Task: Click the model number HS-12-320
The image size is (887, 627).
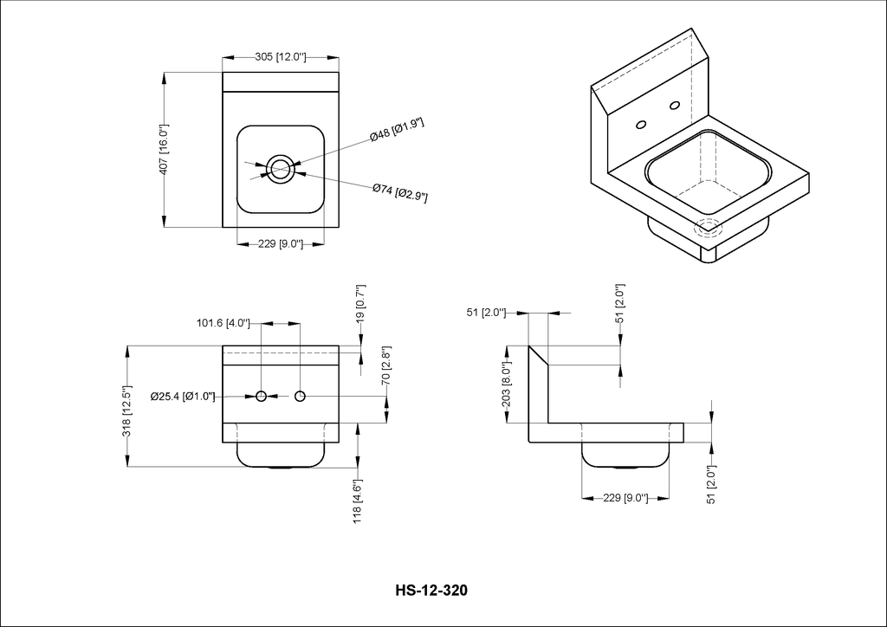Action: (431, 591)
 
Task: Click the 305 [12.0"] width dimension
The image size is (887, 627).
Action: (281, 57)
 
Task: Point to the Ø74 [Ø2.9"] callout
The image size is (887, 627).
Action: (399, 192)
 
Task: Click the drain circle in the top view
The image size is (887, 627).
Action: (280, 169)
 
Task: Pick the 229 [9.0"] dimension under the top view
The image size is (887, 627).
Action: (281, 244)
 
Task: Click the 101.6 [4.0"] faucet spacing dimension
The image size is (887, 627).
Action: (223, 324)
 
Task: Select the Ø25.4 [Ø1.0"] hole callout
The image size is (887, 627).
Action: (183, 397)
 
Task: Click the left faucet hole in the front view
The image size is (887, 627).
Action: (262, 397)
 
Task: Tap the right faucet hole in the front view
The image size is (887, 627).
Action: (300, 397)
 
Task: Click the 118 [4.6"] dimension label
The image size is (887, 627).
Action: (358, 502)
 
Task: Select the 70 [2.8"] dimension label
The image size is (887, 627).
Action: (386, 365)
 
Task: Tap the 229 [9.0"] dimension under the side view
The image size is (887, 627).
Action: (625, 498)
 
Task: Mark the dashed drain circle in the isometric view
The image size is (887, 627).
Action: (709, 227)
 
